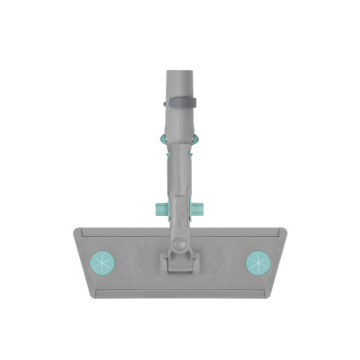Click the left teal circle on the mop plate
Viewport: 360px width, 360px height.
click(102, 263)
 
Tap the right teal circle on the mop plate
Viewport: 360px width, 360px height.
click(259, 263)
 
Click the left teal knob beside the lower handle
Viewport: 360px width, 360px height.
click(159, 209)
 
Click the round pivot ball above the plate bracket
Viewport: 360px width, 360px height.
click(177, 242)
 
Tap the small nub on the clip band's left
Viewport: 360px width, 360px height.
click(165, 104)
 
